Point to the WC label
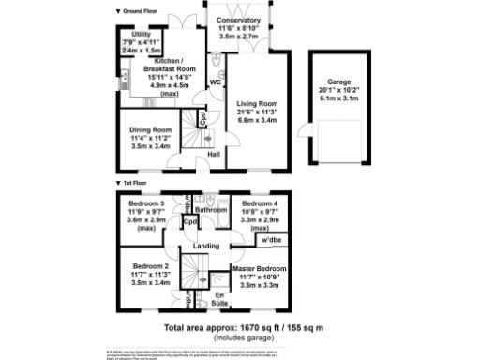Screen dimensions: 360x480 (x=215, y=82)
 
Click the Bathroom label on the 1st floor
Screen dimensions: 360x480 (x=212, y=210)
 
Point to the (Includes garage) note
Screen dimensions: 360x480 (x=243, y=337)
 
